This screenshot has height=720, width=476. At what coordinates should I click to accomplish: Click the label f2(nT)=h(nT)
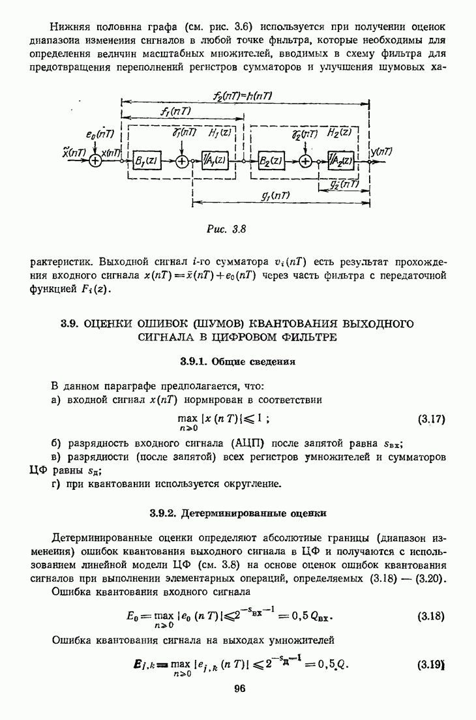pyautogui.click(x=243, y=96)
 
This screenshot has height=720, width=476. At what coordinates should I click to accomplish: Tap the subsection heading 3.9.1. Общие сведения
pyautogui.click(x=239, y=361)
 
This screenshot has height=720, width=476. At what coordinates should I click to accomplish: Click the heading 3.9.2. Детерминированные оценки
pyautogui.click(x=239, y=513)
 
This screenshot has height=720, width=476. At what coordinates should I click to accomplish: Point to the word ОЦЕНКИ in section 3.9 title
pyautogui.click(x=107, y=323)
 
